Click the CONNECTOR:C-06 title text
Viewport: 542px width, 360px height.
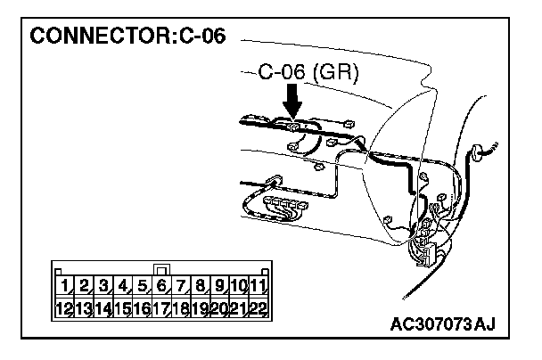(x=128, y=37)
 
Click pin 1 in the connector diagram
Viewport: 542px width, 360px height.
(x=66, y=286)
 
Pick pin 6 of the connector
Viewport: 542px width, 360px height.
(x=161, y=286)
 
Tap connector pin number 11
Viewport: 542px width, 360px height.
(x=258, y=286)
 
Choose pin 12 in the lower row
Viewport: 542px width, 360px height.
(x=64, y=309)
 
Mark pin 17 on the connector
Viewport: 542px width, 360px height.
(x=161, y=309)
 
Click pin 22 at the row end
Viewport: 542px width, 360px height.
(x=258, y=309)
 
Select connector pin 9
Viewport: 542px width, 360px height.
(x=219, y=286)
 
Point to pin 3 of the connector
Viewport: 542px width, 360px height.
(x=103, y=286)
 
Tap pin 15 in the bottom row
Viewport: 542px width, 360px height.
(x=123, y=309)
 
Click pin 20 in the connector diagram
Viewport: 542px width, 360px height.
(x=219, y=309)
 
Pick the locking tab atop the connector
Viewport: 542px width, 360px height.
(x=161, y=268)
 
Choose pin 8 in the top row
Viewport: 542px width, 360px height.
(x=201, y=286)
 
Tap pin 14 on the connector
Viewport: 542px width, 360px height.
(x=103, y=309)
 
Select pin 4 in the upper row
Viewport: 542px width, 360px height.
(x=123, y=286)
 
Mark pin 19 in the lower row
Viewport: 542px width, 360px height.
(x=201, y=309)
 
